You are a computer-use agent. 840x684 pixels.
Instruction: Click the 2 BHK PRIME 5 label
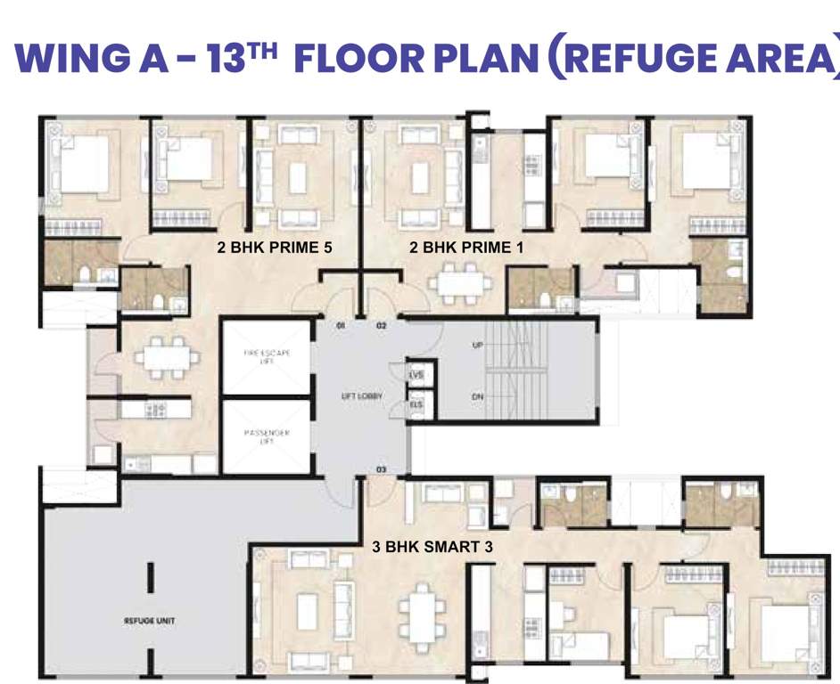275,248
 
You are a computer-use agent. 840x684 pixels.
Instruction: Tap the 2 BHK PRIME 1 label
466,248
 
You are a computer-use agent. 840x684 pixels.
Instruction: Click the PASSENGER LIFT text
267,437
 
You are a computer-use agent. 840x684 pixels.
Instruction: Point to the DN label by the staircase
477,396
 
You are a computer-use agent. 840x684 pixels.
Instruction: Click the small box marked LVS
416,375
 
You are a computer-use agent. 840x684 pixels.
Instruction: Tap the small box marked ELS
416,403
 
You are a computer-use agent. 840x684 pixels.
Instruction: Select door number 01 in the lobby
340,326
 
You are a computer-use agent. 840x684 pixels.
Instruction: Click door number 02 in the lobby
381,326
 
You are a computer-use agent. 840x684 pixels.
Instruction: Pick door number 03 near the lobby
381,468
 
